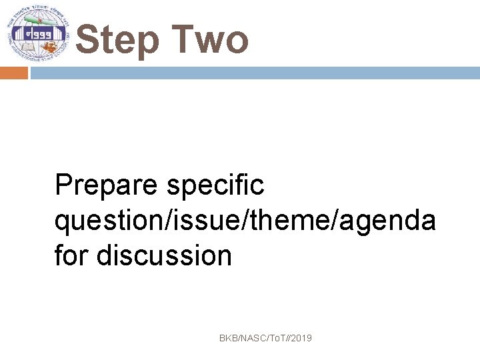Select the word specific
pyautogui.click(x=216, y=186)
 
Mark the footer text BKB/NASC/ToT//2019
pyautogui.click(x=265, y=339)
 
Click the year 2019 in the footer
pyautogui.click(x=301, y=339)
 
